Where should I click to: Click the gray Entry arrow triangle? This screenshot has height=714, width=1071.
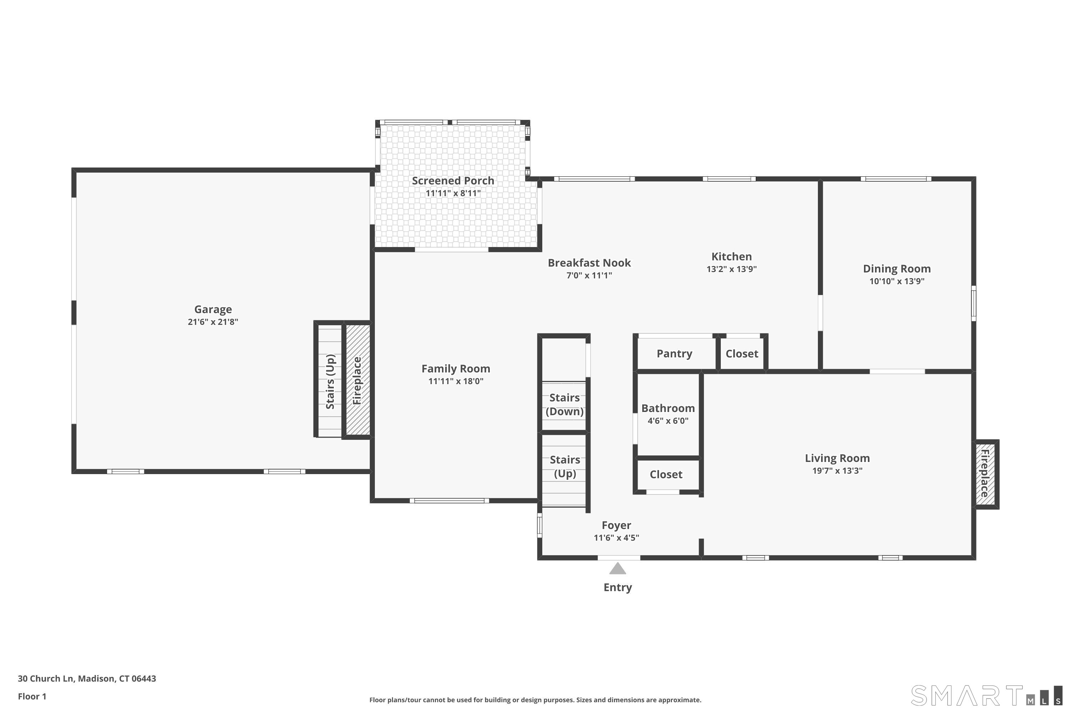[x=618, y=569]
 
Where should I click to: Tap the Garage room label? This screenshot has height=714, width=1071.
[x=213, y=309]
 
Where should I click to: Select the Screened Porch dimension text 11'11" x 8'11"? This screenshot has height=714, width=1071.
[x=453, y=193]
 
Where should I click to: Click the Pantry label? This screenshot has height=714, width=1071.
[x=674, y=354]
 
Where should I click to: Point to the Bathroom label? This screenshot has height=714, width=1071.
[x=668, y=408]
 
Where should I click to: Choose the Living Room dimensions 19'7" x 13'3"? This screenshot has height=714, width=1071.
[x=838, y=471]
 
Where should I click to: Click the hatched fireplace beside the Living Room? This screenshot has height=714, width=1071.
[x=985, y=474]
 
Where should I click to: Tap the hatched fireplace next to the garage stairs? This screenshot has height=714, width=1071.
[x=357, y=380]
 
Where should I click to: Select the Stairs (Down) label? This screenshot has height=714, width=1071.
[x=565, y=404]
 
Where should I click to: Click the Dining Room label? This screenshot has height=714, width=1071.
[x=896, y=269]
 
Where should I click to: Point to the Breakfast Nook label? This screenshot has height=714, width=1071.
[x=589, y=263]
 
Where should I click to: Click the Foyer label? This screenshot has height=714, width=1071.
[x=617, y=526]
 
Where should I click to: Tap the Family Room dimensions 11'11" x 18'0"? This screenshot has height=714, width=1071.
[x=456, y=381]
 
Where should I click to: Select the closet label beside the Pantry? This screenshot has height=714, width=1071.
[x=742, y=354]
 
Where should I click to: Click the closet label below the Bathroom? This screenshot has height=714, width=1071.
[x=666, y=474]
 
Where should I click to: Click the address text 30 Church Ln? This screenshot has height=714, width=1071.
[x=46, y=679]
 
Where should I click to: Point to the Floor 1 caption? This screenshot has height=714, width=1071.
[x=32, y=696]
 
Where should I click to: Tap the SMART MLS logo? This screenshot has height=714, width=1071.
[x=986, y=695]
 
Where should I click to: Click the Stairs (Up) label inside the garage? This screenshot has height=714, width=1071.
[x=331, y=382]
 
